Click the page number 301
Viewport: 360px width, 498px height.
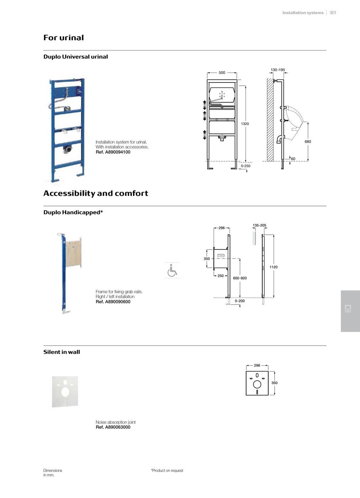point(333,12)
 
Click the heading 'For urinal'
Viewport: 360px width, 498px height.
point(64,38)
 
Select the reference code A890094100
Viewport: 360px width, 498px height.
point(113,152)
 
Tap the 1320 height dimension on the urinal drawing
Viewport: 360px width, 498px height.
point(245,124)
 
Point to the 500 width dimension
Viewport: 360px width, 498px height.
point(222,73)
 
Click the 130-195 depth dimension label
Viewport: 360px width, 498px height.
point(278,70)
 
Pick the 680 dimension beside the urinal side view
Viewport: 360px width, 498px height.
point(308,142)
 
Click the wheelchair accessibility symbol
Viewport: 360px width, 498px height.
point(172,271)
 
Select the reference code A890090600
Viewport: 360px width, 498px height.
point(113,302)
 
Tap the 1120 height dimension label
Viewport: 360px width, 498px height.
point(273,267)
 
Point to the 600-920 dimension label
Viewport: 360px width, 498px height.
point(240,278)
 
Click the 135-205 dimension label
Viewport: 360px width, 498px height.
point(259,225)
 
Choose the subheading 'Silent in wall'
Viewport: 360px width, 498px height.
point(61,352)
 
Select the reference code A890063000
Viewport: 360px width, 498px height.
point(113,427)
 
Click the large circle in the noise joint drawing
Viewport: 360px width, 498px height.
point(257,384)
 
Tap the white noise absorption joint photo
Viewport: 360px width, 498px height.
point(65,391)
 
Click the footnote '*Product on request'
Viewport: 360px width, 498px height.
point(167,470)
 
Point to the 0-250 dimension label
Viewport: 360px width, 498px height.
point(246,166)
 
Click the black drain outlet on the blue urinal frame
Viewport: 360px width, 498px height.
point(66,150)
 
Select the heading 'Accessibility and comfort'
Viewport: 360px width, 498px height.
point(96,193)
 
